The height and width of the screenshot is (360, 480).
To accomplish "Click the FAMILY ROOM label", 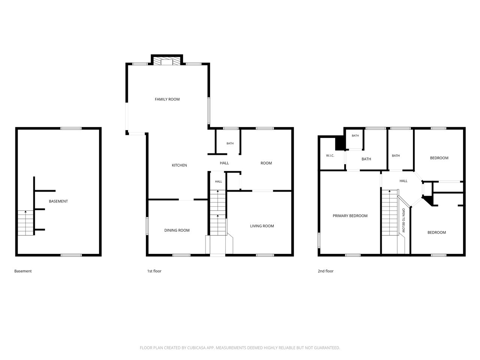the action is (167, 99).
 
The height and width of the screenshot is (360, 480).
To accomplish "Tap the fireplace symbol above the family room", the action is (167, 61).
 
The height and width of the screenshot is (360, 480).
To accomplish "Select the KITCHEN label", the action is (179, 165).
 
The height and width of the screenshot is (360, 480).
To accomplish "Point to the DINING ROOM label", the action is (177, 230).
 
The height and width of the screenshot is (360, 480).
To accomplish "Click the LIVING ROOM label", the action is (262, 226).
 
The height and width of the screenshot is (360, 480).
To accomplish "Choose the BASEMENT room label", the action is (58, 201).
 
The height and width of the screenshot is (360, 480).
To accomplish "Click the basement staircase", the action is (25, 223).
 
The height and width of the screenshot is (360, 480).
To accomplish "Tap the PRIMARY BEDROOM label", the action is (350, 216).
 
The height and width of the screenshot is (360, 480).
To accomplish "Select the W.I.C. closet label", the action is (330, 156).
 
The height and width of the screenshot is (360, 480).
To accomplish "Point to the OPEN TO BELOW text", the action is (403, 220).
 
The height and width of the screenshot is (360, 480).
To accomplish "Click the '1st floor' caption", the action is (154, 271).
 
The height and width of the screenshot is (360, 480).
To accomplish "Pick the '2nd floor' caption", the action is (325, 271).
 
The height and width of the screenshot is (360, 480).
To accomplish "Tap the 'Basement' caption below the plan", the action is (23, 271).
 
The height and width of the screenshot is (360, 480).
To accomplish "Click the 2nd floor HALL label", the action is (403, 181).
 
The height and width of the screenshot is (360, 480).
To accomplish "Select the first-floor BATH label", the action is (230, 143).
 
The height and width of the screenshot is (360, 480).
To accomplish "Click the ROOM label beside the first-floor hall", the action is (266, 163).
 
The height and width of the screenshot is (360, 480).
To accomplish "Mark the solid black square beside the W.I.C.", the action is (340, 143).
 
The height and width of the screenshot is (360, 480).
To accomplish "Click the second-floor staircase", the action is (390, 213).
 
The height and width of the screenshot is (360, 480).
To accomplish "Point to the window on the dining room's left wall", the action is (147, 226).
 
